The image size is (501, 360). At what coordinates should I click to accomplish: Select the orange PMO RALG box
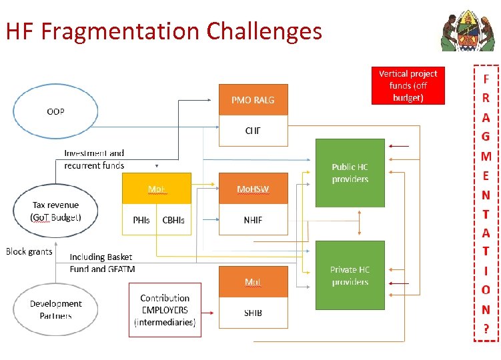253,100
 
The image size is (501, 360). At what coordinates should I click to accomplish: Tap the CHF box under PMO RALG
253,131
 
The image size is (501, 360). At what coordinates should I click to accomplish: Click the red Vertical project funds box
408,85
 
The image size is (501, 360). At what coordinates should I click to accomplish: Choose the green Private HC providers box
350,275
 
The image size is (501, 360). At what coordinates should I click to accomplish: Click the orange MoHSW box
253,189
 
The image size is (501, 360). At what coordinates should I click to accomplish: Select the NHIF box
253,220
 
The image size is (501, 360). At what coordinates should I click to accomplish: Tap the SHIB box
253,313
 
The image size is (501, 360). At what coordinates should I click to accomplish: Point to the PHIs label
141,220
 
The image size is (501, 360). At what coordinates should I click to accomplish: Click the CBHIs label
173,220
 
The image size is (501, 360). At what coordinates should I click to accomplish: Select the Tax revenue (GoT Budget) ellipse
55,211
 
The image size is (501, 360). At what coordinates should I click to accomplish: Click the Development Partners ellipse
56,309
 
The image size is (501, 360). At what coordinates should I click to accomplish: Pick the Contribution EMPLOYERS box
165,310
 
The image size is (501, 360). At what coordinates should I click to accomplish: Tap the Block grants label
29,251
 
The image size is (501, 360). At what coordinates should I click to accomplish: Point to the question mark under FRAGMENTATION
486,329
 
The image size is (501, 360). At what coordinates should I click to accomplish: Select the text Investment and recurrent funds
94,159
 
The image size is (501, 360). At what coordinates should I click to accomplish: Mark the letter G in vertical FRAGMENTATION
486,137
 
